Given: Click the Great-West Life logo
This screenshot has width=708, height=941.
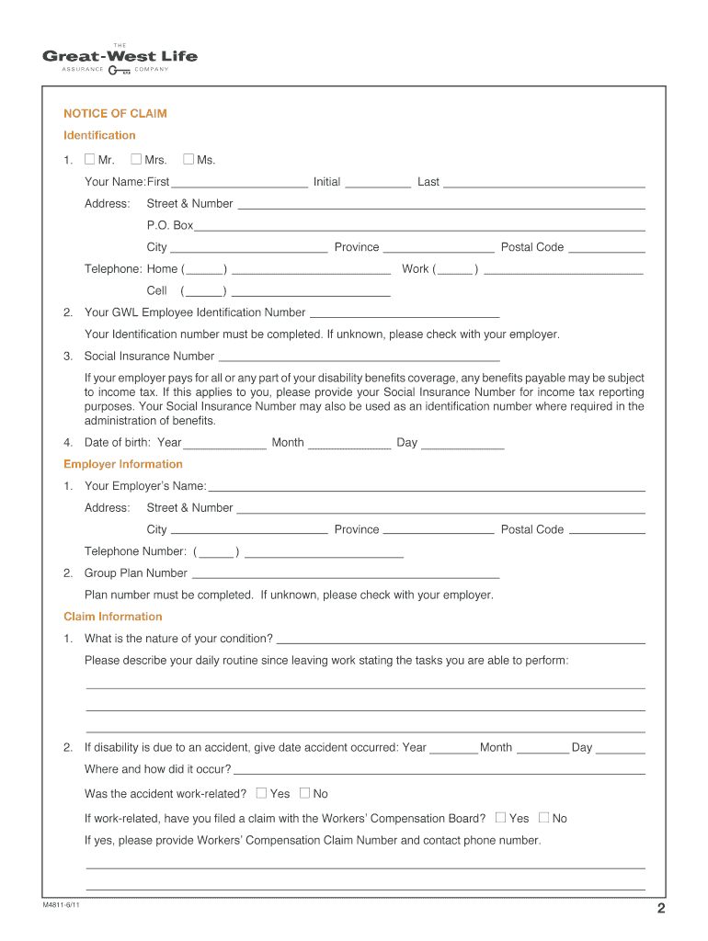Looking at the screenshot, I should [120, 57].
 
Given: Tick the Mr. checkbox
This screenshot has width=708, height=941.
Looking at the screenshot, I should [89, 160].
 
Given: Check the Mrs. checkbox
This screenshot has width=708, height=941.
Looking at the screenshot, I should [136, 160].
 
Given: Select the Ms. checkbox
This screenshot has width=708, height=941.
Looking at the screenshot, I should [188, 160].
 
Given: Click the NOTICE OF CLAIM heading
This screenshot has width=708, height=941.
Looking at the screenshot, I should [115, 114].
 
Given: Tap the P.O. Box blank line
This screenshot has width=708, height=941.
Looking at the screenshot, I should [419, 225].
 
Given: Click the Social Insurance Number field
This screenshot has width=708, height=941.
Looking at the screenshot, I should [359, 356].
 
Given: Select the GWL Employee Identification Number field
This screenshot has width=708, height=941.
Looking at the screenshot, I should [405, 312].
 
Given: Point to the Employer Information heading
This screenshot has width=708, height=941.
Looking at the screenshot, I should [123, 464].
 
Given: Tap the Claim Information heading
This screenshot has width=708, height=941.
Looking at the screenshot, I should [112, 617].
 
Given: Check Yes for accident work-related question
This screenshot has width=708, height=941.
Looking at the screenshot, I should [261, 793].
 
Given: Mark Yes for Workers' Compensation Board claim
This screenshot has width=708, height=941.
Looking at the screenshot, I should [500, 817].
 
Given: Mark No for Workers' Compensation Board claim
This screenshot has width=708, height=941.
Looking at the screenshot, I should [543, 817].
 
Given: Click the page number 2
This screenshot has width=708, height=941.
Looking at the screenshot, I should [660, 910].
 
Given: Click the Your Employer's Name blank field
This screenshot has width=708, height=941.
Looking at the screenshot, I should [427, 485].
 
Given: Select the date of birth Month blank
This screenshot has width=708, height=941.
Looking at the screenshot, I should [349, 443].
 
